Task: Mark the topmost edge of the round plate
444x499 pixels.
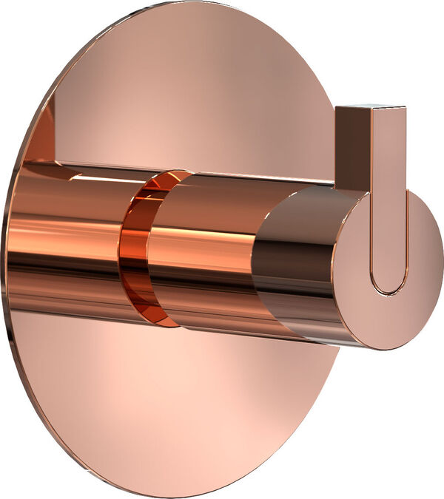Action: pos(185,4)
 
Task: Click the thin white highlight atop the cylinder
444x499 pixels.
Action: pos(222,176)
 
